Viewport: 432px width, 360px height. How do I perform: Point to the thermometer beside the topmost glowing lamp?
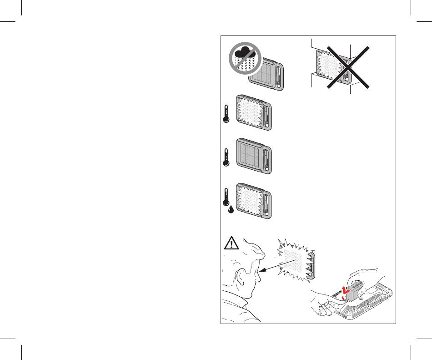click(225, 113)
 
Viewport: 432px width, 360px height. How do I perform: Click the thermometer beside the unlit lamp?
click(225, 157)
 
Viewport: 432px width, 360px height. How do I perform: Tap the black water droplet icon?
click(231, 211)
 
